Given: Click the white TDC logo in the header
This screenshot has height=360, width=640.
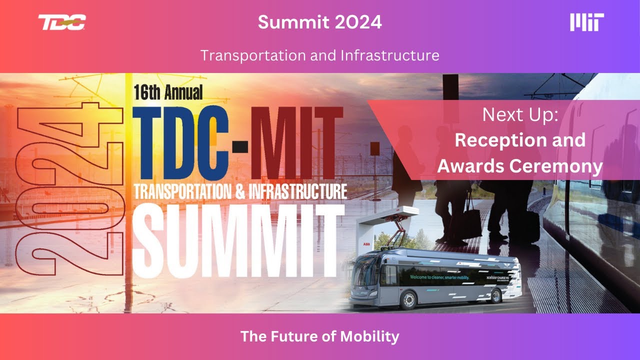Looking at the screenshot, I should point(62,22).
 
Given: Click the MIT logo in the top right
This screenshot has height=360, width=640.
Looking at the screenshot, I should point(587,22).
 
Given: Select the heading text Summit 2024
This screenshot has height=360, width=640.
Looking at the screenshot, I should point(320,22).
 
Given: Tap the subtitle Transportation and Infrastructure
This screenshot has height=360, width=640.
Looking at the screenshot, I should point(320,55).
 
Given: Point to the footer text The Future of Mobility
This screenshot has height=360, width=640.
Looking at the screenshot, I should point(320,336).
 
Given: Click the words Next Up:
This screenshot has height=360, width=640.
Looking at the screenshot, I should point(520,115).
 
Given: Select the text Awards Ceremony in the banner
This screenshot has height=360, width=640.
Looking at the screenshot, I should point(520,166).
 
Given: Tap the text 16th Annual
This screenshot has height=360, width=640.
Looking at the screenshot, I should point(168,92).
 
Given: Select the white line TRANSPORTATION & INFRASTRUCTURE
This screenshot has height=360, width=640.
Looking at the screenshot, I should point(240,191).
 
